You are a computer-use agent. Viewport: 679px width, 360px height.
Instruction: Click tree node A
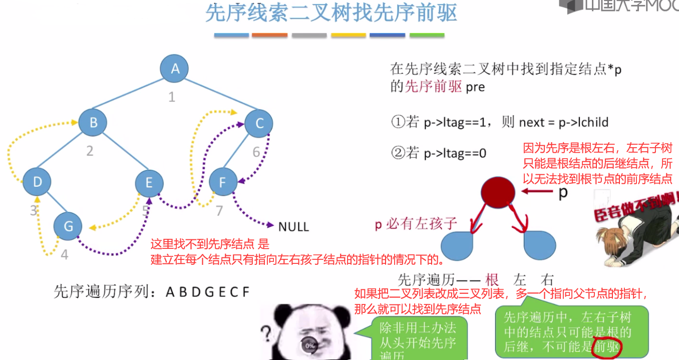tap(174, 69)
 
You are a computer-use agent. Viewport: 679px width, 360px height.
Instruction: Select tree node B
tap(93, 122)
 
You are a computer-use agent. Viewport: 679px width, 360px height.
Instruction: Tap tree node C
tap(259, 123)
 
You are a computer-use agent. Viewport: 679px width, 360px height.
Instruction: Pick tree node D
tap(38, 182)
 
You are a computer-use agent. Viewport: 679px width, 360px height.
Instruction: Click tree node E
tap(149, 183)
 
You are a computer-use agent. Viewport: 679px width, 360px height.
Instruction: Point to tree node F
tap(222, 182)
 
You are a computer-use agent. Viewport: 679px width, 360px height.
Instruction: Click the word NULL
tap(293, 226)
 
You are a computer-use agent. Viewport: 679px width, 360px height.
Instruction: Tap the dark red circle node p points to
tap(498, 192)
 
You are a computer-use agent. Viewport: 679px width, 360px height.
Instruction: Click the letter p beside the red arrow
tap(563, 192)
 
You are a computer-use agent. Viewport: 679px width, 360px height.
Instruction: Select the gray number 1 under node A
tap(172, 97)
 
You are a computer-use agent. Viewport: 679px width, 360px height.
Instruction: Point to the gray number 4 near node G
tap(64, 254)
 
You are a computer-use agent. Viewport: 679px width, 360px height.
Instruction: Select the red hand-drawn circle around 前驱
tap(607, 346)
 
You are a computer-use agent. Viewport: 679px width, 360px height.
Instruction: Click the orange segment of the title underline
tap(269, 36)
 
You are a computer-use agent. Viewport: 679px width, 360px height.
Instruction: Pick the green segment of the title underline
tap(427, 36)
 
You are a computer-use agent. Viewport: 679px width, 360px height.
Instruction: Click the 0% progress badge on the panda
tap(310, 345)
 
